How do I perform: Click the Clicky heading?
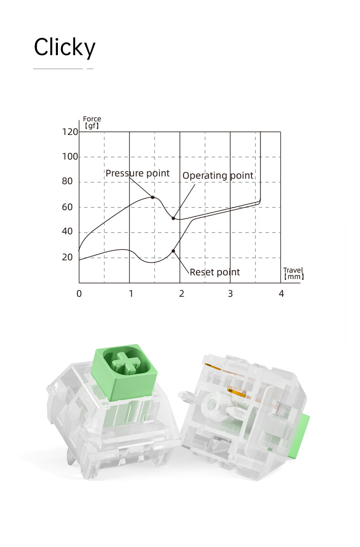pos(64,47)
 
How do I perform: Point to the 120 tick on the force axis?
pos(70,132)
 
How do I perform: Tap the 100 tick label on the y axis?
pos(70,156)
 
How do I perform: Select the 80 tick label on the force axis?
pos(67,181)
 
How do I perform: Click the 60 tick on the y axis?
pos(67,207)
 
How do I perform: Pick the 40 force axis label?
pos(67,231)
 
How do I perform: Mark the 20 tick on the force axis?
pos(67,257)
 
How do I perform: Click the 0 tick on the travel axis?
pos(79,294)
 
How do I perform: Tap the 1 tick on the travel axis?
pos(131,294)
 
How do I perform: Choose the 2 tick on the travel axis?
pos(181,294)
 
